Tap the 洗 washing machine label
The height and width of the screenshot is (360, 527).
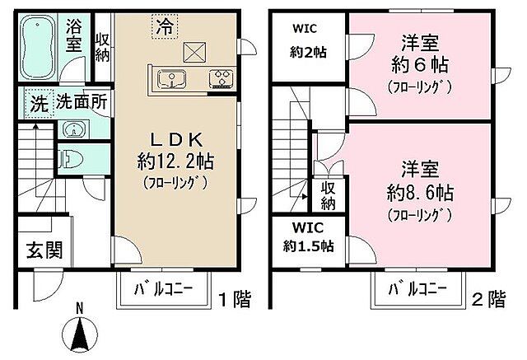point(38,105)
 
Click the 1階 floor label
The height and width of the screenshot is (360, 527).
point(236,297)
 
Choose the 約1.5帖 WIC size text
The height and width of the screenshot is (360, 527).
point(310,245)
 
